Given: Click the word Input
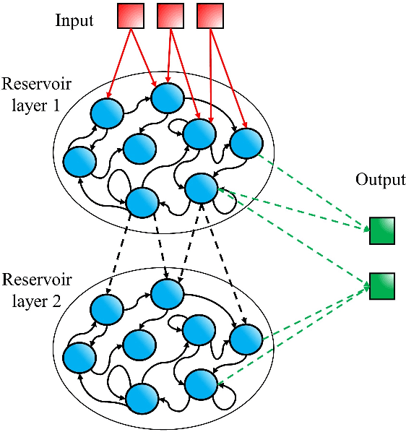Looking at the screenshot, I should point(74,20).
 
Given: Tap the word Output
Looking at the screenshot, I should point(380,180).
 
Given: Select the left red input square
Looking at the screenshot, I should point(131,16).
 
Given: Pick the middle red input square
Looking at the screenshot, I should point(170,16).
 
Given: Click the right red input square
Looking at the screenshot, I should point(210,16).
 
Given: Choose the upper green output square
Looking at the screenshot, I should point(381,231).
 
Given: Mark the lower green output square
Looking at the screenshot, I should point(381,285).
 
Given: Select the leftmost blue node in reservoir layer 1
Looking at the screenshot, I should point(79,162).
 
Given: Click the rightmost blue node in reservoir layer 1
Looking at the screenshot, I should point(246,142).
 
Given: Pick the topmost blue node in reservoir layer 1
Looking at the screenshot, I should point(167,98).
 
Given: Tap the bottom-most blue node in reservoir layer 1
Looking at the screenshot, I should point(142,202).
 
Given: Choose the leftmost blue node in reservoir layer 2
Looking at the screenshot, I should point(79,358).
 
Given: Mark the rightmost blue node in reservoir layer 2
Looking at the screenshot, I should point(246,337).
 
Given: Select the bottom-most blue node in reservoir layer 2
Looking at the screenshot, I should point(142,397).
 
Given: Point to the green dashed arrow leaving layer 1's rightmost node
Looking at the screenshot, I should point(311,188).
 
